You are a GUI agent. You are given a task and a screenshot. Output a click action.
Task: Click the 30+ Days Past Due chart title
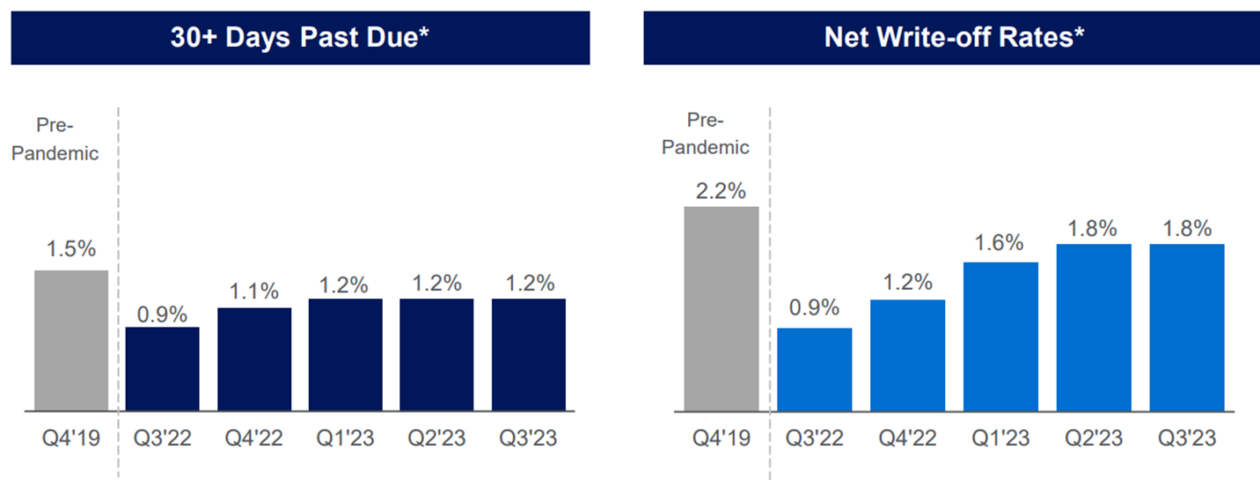300,38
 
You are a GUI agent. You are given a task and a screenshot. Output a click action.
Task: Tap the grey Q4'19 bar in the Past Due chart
71,340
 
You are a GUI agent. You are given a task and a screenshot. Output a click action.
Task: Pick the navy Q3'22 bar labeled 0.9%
163,369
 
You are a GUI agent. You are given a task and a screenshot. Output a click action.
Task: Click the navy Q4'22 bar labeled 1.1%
254,359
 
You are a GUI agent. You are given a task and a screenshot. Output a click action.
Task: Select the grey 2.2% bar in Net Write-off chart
722,308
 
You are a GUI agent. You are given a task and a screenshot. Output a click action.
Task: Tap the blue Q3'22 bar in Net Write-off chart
815,369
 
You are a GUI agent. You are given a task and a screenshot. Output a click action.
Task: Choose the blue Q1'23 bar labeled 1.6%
1001,336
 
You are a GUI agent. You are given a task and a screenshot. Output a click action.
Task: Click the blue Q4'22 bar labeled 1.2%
908,355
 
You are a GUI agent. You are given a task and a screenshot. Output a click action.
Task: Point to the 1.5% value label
71,249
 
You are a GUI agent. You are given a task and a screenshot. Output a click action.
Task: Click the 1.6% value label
1001,242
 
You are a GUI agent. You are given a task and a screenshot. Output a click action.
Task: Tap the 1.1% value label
254,290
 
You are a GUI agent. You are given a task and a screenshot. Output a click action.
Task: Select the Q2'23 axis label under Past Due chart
436,438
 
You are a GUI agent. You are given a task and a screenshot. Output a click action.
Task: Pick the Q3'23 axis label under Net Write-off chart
1188,438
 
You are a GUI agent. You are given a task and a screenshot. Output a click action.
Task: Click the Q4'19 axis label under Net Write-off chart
722,438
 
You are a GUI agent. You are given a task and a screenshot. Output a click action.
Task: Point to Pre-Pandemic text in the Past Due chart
67,139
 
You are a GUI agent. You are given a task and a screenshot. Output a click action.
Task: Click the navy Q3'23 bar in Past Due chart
529,355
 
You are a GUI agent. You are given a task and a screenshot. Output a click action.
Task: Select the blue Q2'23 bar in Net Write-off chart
1094,327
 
